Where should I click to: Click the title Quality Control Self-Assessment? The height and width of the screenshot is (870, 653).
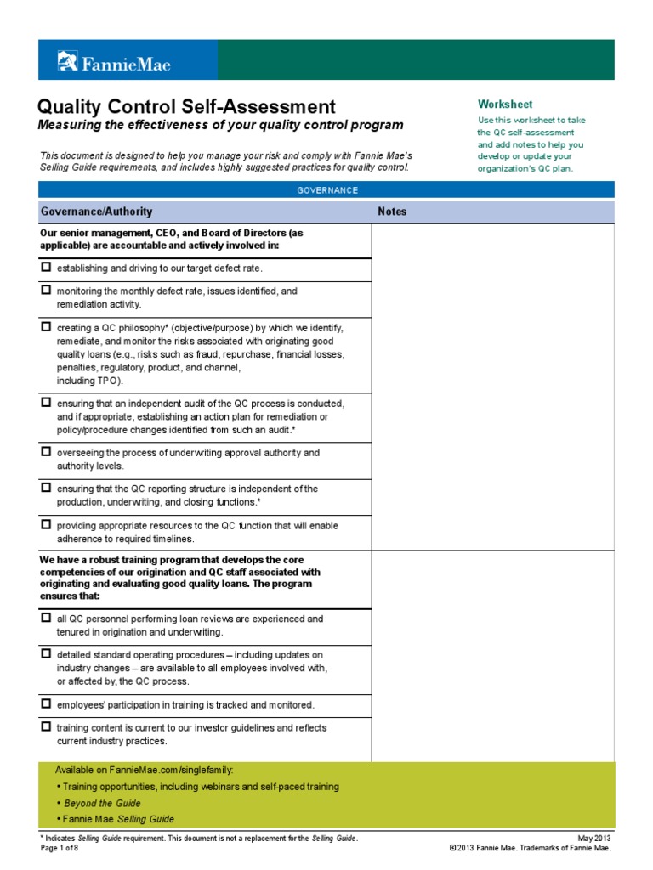pos(186,107)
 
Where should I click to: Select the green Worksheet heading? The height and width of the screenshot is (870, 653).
pos(504,105)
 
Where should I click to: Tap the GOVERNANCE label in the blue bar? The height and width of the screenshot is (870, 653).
pos(327,190)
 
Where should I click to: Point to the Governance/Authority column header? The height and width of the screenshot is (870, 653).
pos(96,212)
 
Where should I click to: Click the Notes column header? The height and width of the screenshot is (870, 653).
pos(392,212)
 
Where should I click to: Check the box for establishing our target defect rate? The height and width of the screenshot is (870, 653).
pos(46,268)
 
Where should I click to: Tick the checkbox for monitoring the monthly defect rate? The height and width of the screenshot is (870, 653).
pos(46,290)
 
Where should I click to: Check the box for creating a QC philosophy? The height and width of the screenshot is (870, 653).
pos(46,326)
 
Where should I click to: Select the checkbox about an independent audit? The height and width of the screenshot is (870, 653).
pos(46,402)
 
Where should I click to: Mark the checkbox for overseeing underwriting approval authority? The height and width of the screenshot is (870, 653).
pos(46,452)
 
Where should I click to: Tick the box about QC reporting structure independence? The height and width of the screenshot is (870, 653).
pos(46,488)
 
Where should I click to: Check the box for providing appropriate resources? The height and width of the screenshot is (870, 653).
pos(46,525)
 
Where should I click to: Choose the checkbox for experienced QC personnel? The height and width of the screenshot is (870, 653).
pos(46,619)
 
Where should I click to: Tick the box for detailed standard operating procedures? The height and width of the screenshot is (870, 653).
pos(46,654)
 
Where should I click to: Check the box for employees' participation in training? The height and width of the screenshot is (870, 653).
pos(46,704)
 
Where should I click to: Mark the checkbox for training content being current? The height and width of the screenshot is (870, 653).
pos(46,727)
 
